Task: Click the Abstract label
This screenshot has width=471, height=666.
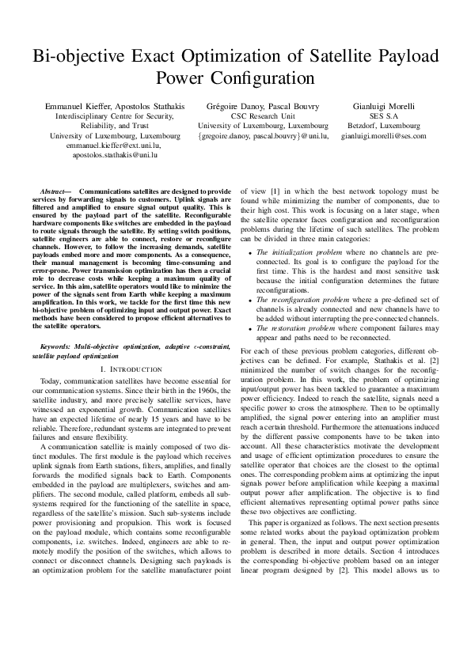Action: tap(55, 192)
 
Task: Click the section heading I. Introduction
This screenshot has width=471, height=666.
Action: tap(131, 370)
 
